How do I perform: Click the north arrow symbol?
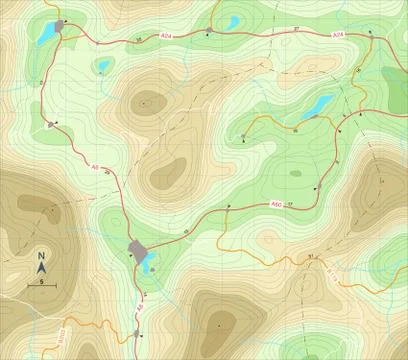[x=42, y=269]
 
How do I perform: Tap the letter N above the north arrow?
[x=42, y=256]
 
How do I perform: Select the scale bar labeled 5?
[x=42, y=288]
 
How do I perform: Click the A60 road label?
[x=276, y=206]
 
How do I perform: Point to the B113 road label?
[x=334, y=269]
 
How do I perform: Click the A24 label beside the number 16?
[x=167, y=37]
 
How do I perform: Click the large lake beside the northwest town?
[x=46, y=34]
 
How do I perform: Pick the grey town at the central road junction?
[x=138, y=250]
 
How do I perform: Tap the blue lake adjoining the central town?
[x=148, y=265]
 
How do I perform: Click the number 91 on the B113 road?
[x=311, y=257]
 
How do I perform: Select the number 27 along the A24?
[x=297, y=31]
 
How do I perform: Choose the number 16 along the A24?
[x=138, y=39]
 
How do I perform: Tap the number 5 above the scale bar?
[x=42, y=282]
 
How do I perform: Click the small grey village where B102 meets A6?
[x=136, y=333]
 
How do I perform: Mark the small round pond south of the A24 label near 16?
[x=103, y=67]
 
